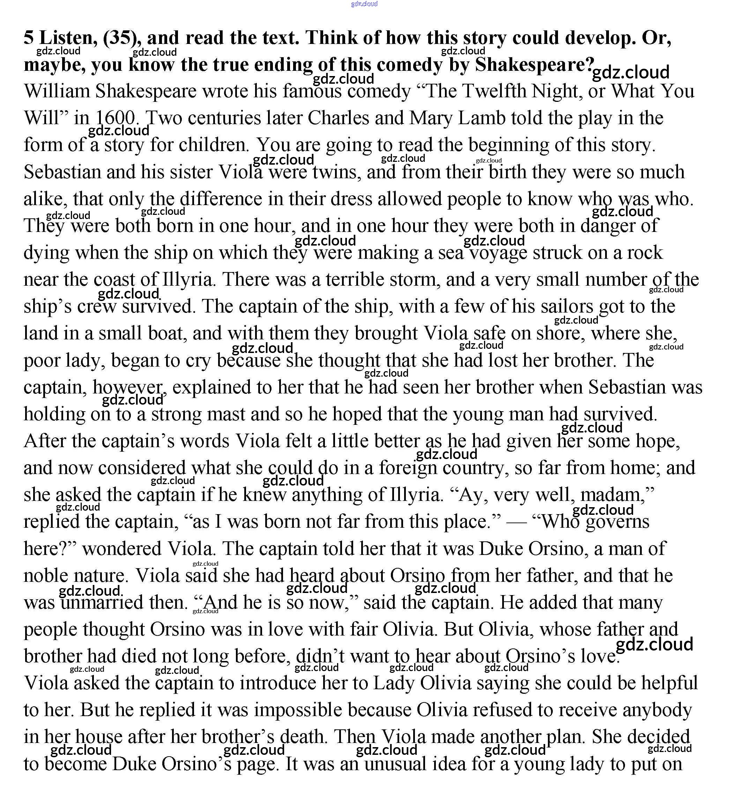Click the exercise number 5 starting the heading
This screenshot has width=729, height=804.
pos(29,38)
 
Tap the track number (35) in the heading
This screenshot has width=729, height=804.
pos(122,38)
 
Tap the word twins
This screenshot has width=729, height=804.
pos(336,172)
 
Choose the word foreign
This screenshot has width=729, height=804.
pos(408,468)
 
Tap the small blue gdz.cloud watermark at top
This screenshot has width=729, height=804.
pos(364,4)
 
